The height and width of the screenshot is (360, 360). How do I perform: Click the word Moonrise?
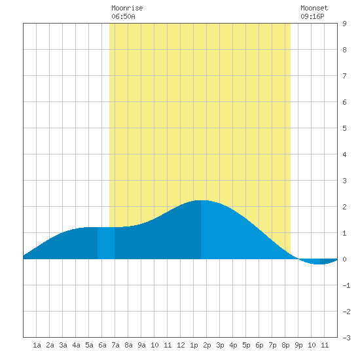pyautogui.click(x=127, y=8)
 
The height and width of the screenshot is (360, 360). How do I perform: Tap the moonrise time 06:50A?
pyautogui.click(x=123, y=16)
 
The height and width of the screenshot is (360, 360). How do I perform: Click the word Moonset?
pyautogui.click(x=314, y=8)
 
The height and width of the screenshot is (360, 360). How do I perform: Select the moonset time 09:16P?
pyautogui.click(x=312, y=16)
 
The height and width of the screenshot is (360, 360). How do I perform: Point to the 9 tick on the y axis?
pyautogui.click(x=344, y=24)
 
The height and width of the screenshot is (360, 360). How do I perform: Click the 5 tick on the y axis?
pyautogui.click(x=344, y=128)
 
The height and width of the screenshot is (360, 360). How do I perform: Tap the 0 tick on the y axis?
pyautogui.click(x=344, y=259)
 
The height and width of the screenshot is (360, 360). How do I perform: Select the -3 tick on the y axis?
pyautogui.click(x=346, y=338)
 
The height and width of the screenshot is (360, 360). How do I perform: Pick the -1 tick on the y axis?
pyautogui.click(x=346, y=285)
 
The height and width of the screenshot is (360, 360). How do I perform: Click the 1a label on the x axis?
pyautogui.click(x=37, y=345)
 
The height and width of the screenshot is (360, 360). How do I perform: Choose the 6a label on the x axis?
pyautogui.click(x=102, y=345)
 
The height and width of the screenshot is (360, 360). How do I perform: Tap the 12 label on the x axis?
pyautogui.click(x=181, y=345)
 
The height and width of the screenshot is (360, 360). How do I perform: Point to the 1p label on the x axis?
pyautogui.click(x=194, y=345)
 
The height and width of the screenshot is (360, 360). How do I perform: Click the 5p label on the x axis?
pyautogui.click(x=246, y=345)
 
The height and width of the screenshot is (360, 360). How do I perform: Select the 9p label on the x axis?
pyautogui.click(x=298, y=345)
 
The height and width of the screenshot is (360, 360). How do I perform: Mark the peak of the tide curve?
pyautogui.click(x=201, y=200)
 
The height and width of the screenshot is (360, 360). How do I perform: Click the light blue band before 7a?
pyautogui.click(x=106, y=243)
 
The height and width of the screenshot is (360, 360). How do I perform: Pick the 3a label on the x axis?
pyautogui.click(x=63, y=345)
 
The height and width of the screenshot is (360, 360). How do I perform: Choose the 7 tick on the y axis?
pyautogui.click(x=344, y=76)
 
